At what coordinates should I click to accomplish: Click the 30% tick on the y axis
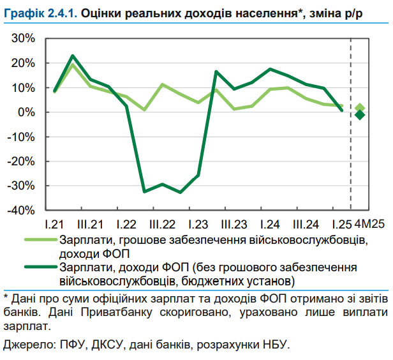click(x=23, y=39)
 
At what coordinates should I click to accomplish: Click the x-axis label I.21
click(x=55, y=225)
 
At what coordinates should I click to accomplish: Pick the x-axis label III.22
click(x=163, y=225)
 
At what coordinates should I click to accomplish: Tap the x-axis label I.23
click(x=198, y=225)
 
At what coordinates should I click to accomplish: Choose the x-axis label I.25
click(x=341, y=225)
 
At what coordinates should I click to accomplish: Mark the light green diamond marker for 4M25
click(x=360, y=108)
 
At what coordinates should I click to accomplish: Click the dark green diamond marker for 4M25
click(x=360, y=115)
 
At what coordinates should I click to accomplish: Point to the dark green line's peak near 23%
click(x=73, y=56)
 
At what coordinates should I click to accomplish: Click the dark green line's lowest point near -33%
click(x=181, y=192)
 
